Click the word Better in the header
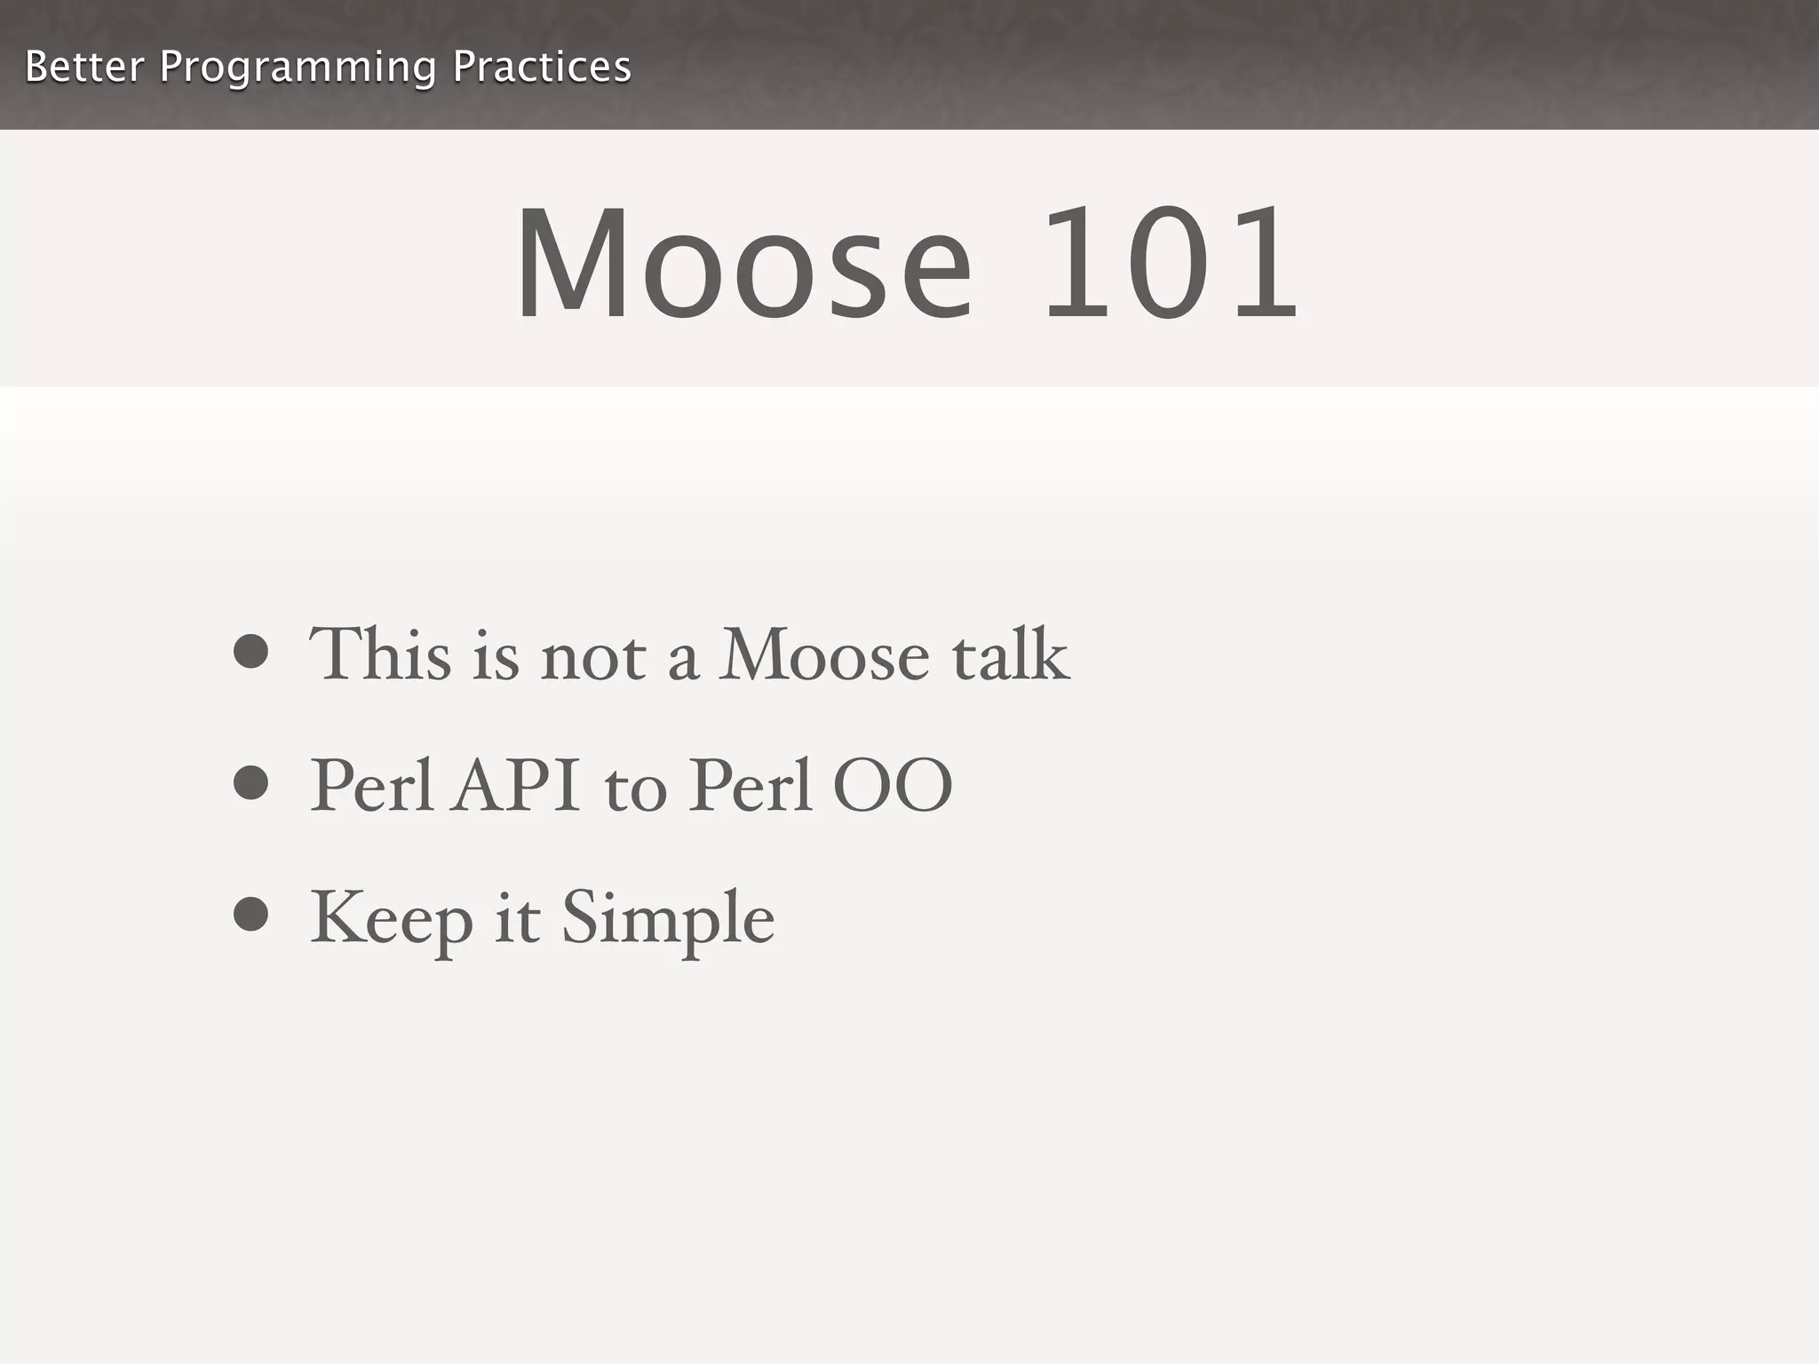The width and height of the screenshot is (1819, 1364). pos(84,67)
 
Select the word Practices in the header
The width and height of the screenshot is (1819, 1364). pos(542,67)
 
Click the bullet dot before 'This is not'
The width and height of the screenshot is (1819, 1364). pos(251,651)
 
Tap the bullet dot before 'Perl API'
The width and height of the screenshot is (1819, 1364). pos(251,783)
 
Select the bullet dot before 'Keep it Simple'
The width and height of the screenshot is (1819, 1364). pos(251,915)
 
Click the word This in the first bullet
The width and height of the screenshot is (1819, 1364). pos(380,654)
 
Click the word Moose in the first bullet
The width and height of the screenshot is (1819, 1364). pos(823,655)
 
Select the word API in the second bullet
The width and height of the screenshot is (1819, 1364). pos(515,786)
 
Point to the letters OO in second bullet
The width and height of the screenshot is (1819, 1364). pos(892,786)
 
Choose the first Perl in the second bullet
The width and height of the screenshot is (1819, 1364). pos(372,786)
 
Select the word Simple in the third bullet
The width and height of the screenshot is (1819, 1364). pos(668,919)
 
